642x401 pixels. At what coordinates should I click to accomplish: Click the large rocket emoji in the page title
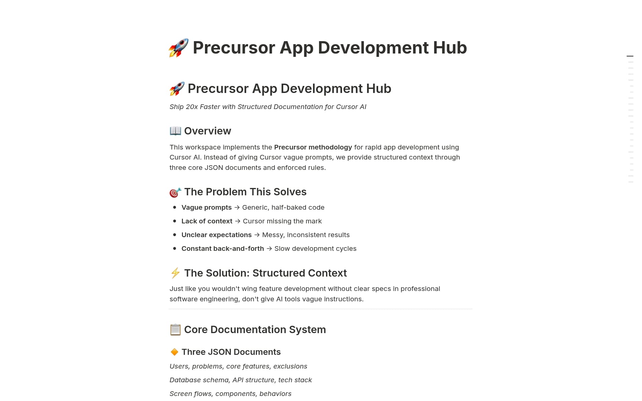179,48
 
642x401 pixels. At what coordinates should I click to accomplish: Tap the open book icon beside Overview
175,131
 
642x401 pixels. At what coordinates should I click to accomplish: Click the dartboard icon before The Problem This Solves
175,192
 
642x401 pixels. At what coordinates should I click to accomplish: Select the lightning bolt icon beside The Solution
175,273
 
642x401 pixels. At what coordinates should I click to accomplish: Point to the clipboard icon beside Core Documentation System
175,330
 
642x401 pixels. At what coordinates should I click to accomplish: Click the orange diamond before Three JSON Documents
174,352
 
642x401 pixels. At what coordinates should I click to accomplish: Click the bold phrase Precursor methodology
313,147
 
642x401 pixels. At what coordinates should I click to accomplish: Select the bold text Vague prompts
206,207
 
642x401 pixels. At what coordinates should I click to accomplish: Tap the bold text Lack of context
207,221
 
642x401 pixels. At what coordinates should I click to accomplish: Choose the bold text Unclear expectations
216,235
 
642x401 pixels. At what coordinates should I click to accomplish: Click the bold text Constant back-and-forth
223,248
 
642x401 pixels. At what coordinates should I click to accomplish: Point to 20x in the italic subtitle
192,107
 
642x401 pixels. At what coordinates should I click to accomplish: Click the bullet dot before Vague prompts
175,207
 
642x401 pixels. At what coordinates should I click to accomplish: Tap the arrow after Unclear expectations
257,235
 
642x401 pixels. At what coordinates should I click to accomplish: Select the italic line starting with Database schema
240,380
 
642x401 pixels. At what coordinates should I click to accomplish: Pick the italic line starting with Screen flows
230,394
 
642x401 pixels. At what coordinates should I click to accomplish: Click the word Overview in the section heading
207,131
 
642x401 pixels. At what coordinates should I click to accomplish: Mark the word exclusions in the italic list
290,366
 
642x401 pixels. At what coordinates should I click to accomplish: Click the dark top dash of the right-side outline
630,56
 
